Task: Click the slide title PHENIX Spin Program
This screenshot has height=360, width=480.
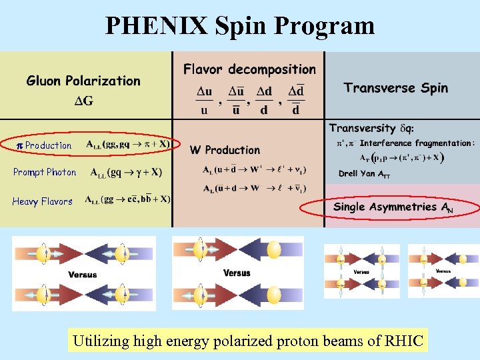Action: coord(240,25)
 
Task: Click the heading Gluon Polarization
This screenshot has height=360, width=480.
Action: coord(83,81)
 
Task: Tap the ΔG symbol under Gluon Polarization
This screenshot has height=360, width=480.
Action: coord(83,101)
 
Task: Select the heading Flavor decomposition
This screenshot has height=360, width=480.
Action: coord(249,69)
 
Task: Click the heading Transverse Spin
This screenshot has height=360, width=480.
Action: coord(396,88)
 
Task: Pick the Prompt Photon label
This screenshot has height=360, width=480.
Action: coord(45,172)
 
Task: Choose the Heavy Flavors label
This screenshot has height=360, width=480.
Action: coord(42,201)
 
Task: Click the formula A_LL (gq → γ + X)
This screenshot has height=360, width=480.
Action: coord(126,172)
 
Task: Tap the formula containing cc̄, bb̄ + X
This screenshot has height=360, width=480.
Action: coord(127,199)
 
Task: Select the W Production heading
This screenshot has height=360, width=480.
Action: coord(225,150)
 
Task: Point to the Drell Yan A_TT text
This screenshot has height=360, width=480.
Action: coord(365,174)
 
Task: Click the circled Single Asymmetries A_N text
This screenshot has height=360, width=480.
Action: coord(393,207)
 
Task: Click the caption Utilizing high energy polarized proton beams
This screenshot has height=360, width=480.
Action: coord(248,342)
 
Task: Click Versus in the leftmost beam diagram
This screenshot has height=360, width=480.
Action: coord(83,275)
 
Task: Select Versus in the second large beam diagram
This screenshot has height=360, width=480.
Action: coord(237,273)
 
